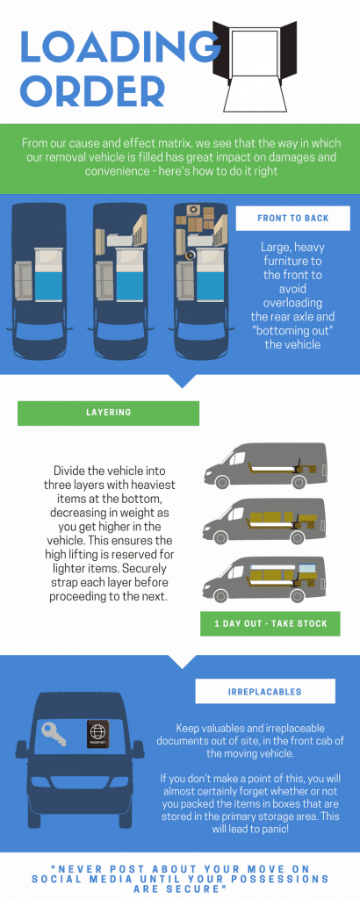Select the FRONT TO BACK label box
[293, 218]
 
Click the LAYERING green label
[108, 413]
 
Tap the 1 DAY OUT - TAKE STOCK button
[270, 624]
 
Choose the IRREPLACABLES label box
[265, 691]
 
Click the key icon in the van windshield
[54, 733]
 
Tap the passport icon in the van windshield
[97, 734]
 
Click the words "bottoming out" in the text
[292, 331]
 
